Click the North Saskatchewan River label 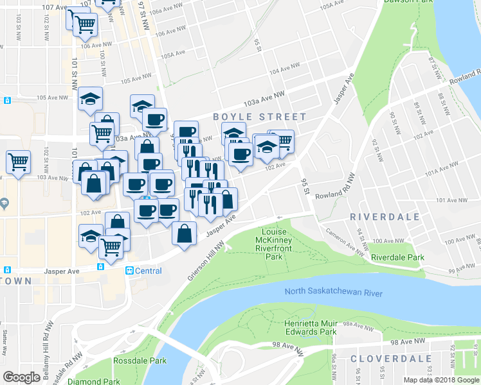point(334,293)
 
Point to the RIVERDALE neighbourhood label point(385,217)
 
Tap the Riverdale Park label point(397,257)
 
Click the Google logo point(22,377)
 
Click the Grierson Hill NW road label point(203,259)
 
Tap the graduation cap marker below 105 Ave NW point(91,99)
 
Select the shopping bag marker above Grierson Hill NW point(184,233)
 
